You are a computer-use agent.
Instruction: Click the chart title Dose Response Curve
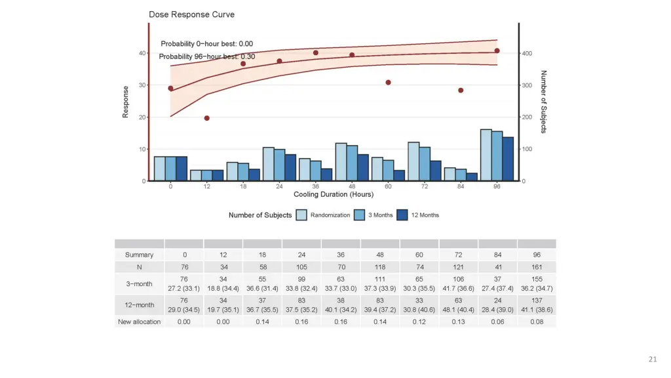[182, 14]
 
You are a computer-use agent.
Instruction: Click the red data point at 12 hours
[206, 118]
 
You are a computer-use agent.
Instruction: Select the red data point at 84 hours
[461, 91]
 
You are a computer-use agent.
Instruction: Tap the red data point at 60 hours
[388, 83]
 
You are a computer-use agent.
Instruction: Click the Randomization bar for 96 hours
[486, 155]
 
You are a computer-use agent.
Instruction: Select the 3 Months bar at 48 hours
[352, 163]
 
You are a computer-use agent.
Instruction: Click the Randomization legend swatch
[301, 215]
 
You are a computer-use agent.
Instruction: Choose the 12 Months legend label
[425, 215]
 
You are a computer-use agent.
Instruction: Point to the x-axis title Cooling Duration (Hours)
[334, 194]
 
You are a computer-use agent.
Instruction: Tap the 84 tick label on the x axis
[461, 186]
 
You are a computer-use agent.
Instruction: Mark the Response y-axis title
[125, 102]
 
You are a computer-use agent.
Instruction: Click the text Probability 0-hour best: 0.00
[207, 44]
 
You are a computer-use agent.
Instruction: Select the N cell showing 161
[536, 266]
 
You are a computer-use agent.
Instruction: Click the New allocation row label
[140, 322]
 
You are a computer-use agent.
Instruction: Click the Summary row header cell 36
[341, 255]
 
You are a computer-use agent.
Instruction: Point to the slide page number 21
[652, 359]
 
